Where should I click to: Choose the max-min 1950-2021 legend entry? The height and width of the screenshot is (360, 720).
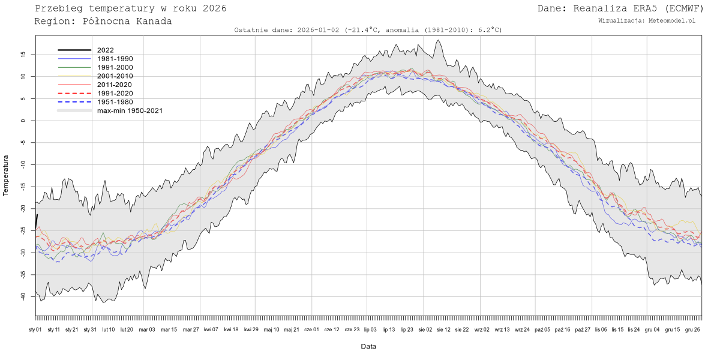pos(130,110)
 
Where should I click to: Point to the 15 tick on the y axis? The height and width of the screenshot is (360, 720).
pos(22,55)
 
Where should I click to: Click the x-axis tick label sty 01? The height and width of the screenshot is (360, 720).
pos(35,329)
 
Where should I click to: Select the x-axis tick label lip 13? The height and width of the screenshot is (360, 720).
pos(388,329)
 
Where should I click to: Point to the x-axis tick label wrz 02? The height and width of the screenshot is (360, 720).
pos(482,329)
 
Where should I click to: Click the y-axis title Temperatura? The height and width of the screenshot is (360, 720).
pos(6,175)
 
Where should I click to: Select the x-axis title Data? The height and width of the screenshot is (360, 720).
pos(368,346)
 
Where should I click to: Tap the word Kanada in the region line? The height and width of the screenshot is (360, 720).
pos(153,21)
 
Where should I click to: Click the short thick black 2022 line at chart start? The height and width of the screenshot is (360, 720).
pos(36,221)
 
